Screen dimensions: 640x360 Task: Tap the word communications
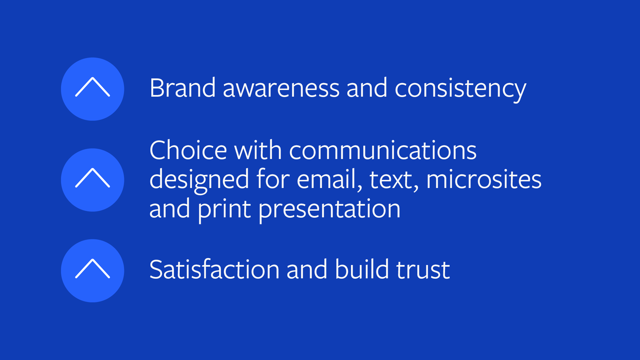[383, 151]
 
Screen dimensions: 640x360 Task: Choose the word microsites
[484, 179]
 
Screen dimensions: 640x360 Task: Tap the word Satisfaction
[214, 269]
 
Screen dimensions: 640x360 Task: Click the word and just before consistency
[367, 88]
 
